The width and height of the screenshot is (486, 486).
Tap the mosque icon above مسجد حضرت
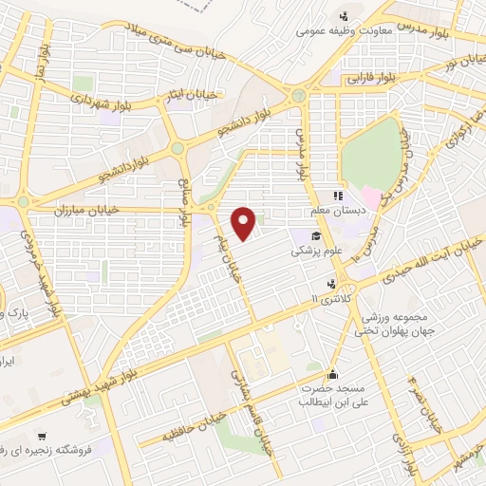pos(332,373)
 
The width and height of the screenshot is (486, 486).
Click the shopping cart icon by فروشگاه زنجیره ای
pos(40,464)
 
